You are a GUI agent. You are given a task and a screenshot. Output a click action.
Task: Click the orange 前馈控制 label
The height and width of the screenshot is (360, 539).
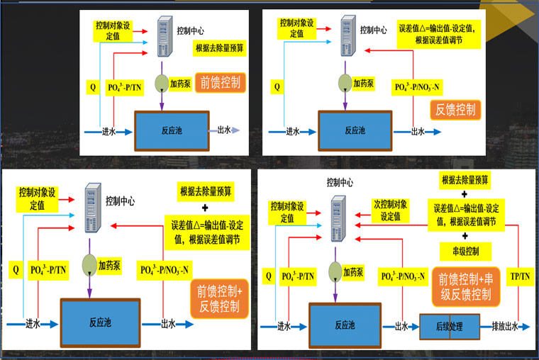[220, 81]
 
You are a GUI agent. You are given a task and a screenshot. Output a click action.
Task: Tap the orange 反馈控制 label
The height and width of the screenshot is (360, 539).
[455, 110]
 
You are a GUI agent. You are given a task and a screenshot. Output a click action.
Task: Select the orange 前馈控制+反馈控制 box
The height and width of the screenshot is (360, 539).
[219, 298]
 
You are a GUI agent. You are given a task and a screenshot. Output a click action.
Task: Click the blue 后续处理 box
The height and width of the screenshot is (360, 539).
[450, 327]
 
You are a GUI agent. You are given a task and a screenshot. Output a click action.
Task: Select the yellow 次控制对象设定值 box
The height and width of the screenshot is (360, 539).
[391, 210]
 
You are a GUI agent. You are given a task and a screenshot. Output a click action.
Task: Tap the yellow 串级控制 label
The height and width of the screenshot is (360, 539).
[465, 251]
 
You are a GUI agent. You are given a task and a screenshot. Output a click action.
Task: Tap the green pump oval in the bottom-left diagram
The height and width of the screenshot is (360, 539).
[89, 264]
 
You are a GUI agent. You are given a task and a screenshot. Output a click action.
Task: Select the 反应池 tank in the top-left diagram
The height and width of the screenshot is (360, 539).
[171, 131]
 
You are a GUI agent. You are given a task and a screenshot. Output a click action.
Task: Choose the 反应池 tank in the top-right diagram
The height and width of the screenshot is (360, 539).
[355, 131]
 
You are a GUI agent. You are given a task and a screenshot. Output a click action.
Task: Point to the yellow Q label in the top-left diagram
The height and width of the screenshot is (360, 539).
[92, 88]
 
